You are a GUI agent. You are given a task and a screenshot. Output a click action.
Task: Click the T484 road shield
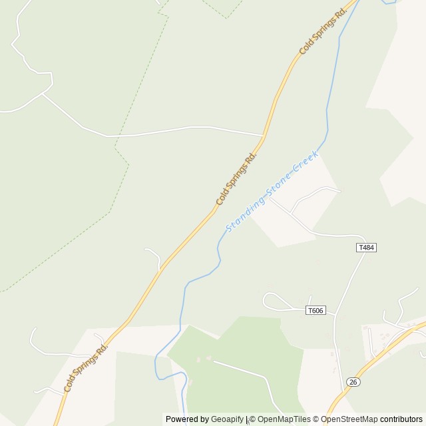[367, 248]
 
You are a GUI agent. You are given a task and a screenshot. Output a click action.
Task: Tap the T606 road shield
[316, 310]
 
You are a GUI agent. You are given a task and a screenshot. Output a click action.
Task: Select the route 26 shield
[353, 381]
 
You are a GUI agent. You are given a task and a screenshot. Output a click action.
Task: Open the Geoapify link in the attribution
[228, 419]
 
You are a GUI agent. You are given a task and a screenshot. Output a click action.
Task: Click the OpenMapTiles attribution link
[283, 419]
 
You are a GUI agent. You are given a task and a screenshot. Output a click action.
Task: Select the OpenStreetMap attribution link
[349, 419]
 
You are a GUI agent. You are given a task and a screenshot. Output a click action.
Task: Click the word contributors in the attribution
[401, 419]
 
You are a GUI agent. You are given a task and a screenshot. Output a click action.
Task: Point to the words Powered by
[187, 419]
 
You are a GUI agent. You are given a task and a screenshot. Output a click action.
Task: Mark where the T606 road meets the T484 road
[334, 313]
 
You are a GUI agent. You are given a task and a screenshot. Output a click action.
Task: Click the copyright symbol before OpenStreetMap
[316, 419]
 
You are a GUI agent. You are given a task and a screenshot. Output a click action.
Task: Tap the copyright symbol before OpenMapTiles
[252, 419]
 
